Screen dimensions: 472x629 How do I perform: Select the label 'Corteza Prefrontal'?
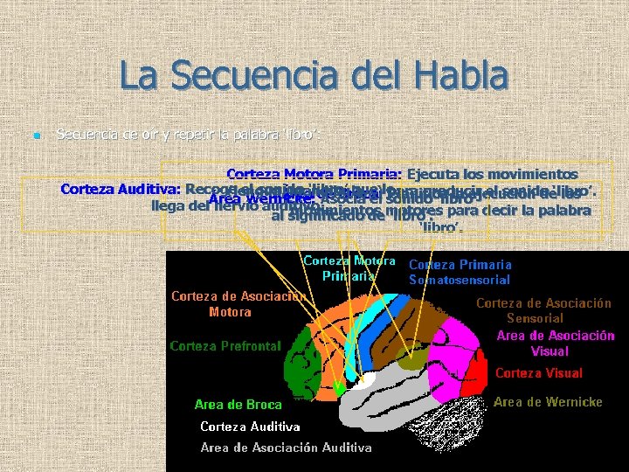225,346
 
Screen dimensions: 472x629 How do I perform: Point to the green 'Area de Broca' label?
238,405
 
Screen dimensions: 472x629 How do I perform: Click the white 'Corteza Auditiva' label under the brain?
250,427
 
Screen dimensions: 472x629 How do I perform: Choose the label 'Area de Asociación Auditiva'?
286,448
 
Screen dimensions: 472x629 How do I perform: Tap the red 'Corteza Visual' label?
538,373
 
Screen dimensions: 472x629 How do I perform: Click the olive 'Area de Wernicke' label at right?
548,402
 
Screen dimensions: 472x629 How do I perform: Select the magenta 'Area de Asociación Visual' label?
556,344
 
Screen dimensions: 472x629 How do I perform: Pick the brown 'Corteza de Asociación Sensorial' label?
543,311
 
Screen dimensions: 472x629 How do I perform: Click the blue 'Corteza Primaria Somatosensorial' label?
460,272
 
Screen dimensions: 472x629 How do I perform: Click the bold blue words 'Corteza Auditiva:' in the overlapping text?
120,189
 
